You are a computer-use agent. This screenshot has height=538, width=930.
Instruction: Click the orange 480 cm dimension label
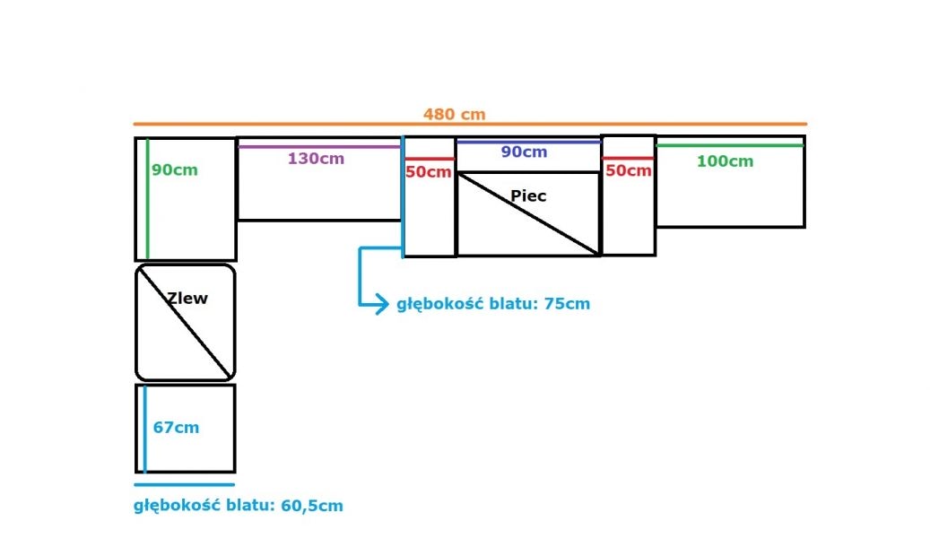click(455, 114)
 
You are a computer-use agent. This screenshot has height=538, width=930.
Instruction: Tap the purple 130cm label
click(316, 159)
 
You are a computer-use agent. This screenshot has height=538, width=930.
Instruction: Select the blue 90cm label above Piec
click(524, 152)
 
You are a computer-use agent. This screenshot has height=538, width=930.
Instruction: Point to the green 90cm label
click(174, 169)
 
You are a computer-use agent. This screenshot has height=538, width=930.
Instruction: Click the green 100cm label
click(725, 161)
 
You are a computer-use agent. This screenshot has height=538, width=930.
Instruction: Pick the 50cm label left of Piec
click(428, 172)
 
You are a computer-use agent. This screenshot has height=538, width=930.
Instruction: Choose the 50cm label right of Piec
click(628, 171)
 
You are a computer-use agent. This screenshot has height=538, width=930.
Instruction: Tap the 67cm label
click(176, 427)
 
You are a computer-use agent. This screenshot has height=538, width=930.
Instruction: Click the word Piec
click(528, 195)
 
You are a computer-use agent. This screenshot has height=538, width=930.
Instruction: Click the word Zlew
click(187, 298)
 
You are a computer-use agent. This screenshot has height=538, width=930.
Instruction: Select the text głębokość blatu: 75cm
click(493, 304)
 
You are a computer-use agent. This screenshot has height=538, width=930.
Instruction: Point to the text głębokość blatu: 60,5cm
click(239, 506)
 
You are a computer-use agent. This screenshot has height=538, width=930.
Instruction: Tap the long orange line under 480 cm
click(470, 124)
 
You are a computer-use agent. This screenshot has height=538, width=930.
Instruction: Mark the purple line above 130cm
click(319, 146)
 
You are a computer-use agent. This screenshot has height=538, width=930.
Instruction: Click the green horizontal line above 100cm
click(730, 145)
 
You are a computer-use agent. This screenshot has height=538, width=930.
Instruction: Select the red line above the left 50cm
click(430, 159)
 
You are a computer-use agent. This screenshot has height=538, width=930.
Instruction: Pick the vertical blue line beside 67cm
click(144, 429)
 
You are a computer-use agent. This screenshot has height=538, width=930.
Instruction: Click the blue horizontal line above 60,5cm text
click(185, 484)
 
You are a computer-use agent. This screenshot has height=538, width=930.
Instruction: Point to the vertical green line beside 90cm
click(148, 199)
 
